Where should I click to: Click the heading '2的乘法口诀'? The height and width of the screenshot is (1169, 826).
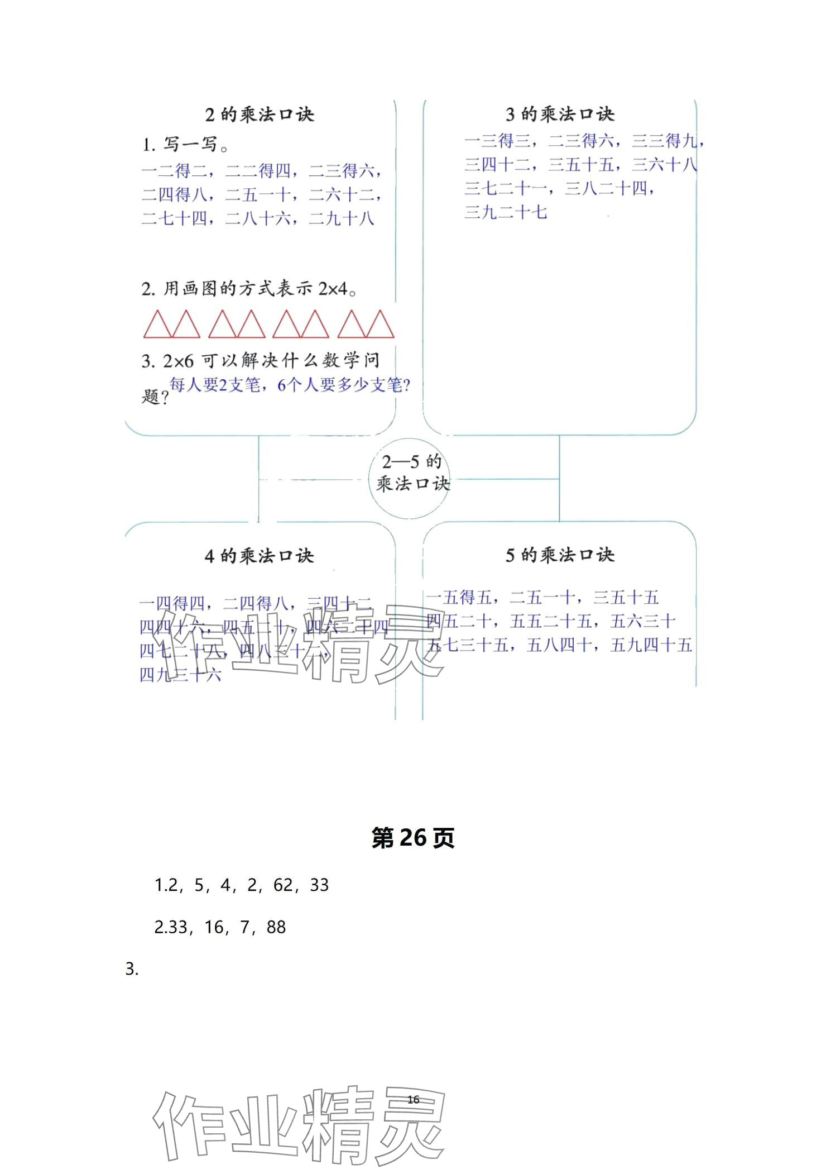click(260, 114)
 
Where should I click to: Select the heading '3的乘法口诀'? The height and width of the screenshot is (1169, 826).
click(560, 114)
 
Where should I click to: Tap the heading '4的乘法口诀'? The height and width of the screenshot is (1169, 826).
click(260, 556)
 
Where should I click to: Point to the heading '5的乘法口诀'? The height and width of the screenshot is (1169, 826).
click(560, 555)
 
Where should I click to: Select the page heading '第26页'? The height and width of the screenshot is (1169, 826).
click(413, 838)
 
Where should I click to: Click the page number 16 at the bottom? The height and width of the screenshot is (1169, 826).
click(413, 1099)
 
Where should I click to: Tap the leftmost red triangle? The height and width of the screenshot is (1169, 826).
click(157, 325)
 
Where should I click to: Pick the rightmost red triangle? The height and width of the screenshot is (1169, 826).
click(380, 325)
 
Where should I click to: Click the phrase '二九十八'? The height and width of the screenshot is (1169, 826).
click(341, 218)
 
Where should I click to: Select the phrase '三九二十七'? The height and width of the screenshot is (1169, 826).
click(506, 212)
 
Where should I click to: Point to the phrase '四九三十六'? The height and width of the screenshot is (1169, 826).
click(180, 675)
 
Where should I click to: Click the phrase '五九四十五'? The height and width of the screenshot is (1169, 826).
click(651, 645)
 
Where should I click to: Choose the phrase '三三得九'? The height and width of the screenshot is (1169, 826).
click(665, 141)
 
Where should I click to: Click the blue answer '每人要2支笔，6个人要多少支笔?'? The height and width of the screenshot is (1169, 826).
click(290, 385)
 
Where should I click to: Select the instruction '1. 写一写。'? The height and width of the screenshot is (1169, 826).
click(185, 145)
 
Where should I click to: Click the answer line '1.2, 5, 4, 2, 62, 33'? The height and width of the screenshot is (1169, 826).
click(241, 885)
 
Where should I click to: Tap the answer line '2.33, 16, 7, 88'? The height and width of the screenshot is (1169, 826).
click(220, 927)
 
